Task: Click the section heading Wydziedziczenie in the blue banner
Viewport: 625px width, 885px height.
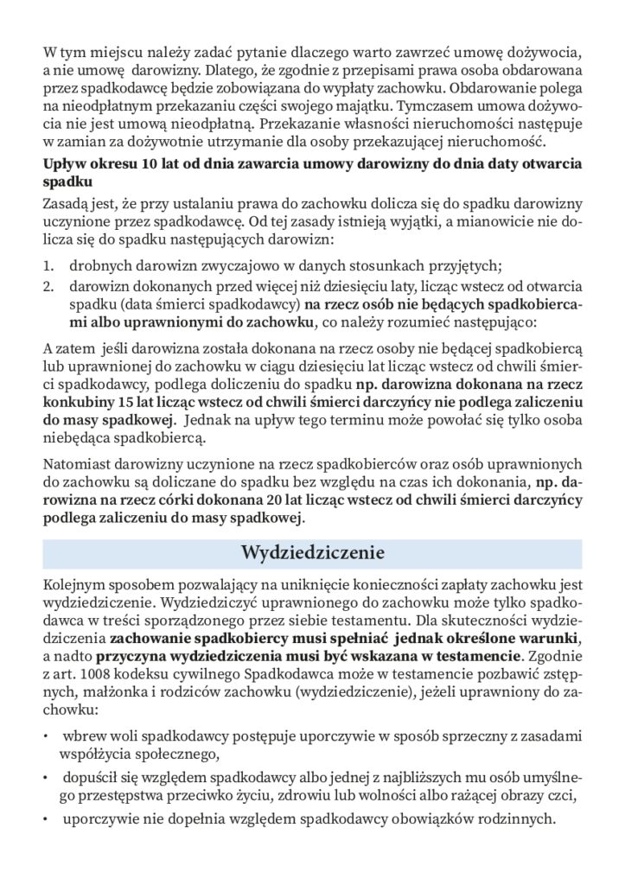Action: point(312,552)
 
